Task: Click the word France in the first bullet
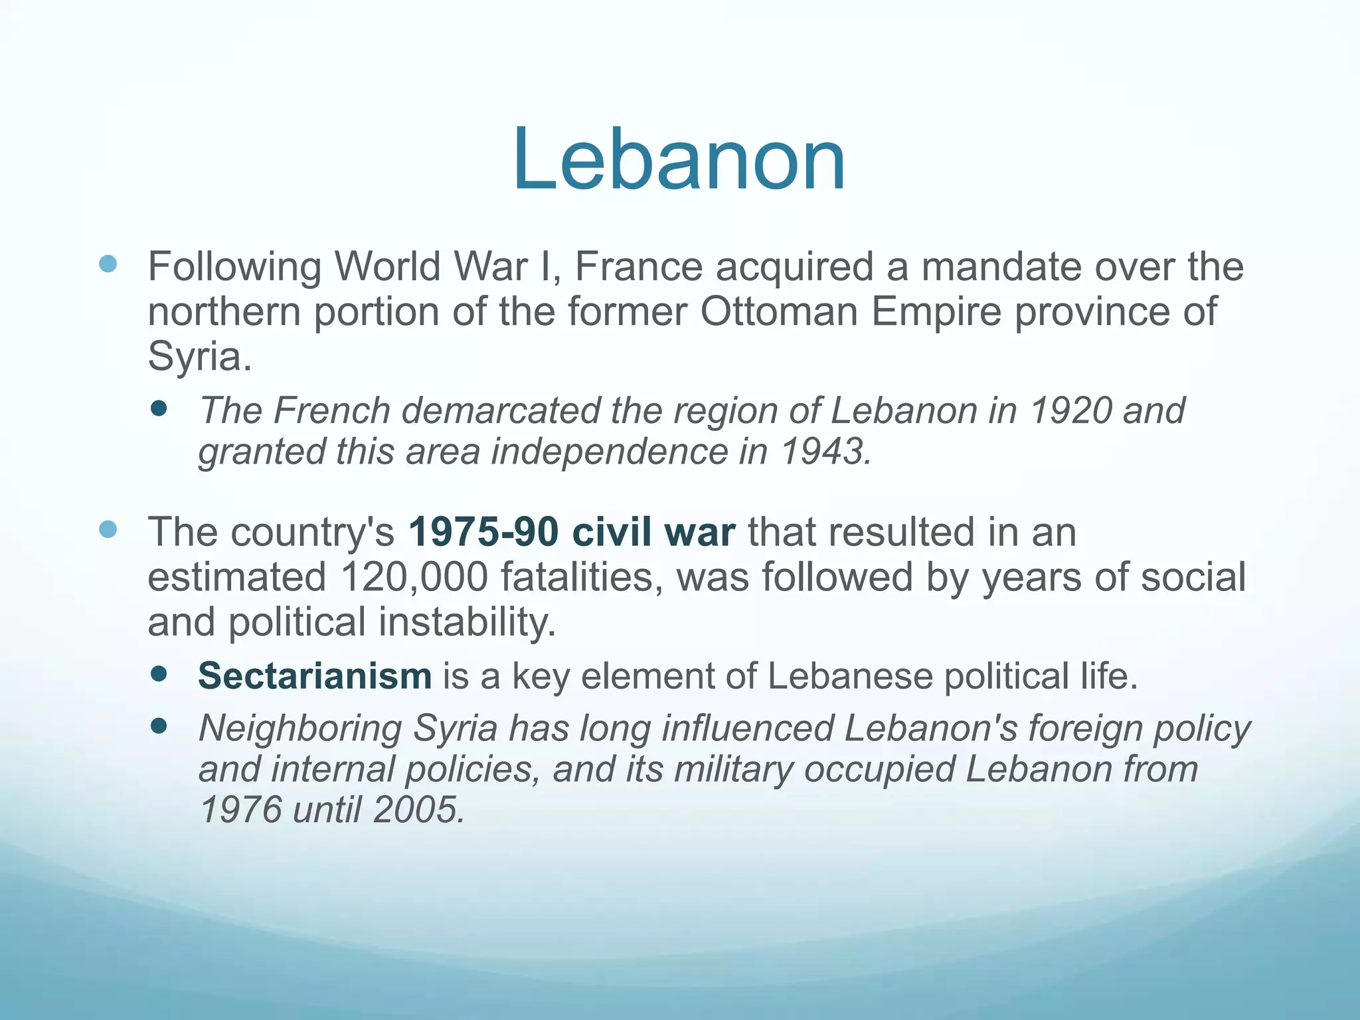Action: tap(638, 267)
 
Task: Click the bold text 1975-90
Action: tap(483, 533)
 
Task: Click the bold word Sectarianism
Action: tap(315, 676)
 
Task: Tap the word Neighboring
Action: tap(299, 728)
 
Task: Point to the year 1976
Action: tap(240, 810)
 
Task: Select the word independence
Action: tap(609, 452)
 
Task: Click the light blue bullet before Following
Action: tap(108, 264)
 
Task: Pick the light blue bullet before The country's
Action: tap(108, 529)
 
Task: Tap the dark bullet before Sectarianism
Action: tap(159, 675)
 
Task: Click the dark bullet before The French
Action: tap(159, 408)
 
